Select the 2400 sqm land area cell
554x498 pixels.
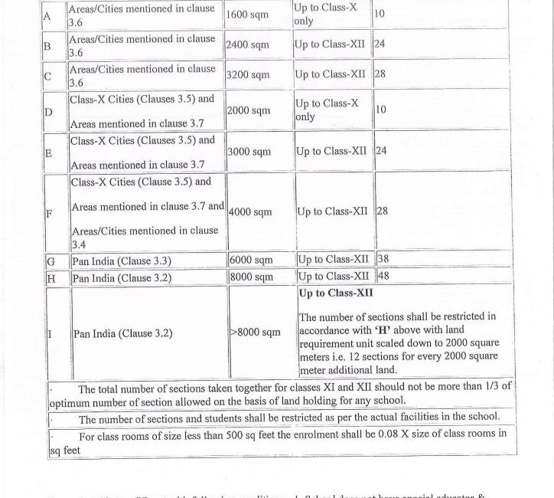pos(247,45)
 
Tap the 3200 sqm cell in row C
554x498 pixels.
pos(248,75)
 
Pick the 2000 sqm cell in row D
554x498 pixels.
pos(249,110)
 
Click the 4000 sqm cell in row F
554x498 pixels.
pos(250,211)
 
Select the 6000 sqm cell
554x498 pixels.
pos(251,260)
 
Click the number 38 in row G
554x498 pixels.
pos(383,260)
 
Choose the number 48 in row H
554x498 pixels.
pos(383,276)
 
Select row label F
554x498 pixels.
pos(50,214)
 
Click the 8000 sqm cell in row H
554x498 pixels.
pos(251,276)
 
